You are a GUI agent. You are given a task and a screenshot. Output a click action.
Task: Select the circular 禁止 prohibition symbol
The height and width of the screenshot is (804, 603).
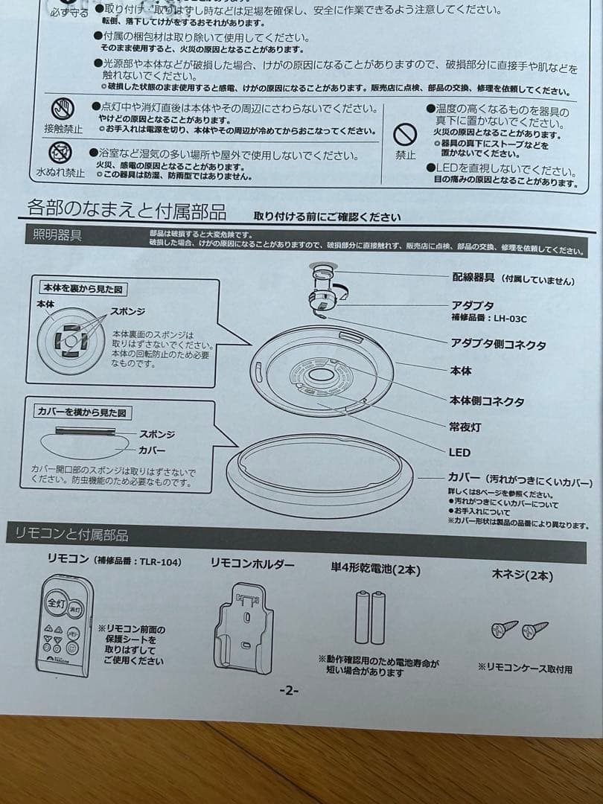coord(404,135)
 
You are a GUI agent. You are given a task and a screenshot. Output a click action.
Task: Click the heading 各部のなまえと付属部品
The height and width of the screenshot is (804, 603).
coord(127,211)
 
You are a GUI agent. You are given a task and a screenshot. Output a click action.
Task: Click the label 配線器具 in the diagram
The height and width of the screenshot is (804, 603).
coord(473,277)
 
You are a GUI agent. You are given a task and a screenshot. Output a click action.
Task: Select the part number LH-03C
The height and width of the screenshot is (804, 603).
coord(510,319)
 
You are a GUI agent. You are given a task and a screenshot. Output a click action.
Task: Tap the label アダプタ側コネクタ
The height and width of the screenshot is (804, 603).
coord(497,344)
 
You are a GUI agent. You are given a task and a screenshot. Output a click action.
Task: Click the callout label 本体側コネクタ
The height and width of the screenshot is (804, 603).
coord(486,401)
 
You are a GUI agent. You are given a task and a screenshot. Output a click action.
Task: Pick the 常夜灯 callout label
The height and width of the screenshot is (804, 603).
coord(465,427)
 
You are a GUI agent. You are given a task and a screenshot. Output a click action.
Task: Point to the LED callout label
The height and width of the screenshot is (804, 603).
coord(459,452)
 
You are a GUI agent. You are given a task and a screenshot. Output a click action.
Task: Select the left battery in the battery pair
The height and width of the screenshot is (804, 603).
coord(362,617)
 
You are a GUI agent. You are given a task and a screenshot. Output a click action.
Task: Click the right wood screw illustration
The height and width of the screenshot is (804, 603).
coord(535,630)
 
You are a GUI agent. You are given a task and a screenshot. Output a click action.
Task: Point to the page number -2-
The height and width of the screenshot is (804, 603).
coord(288,690)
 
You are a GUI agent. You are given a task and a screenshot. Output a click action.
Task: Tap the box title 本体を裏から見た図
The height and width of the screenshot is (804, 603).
coord(82,288)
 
